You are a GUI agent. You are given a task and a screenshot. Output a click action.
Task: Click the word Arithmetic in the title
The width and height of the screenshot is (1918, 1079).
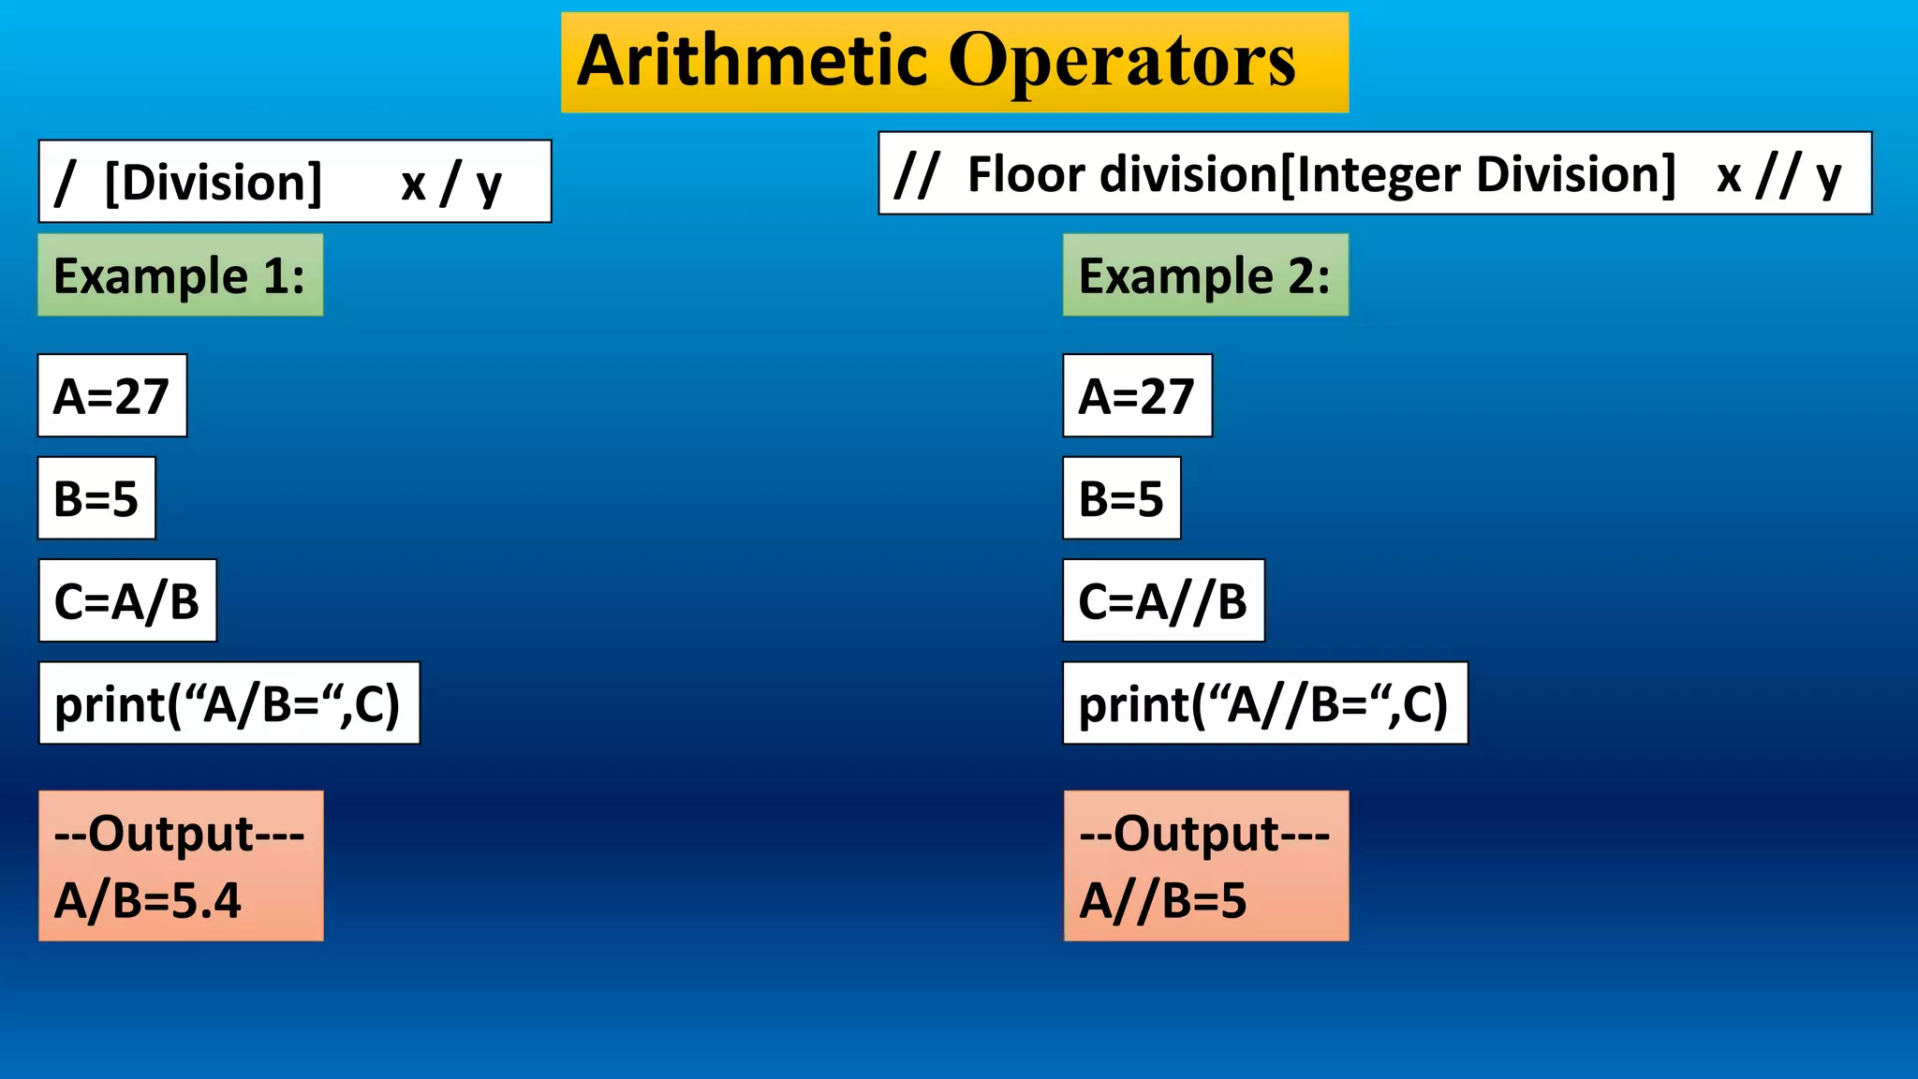click(x=752, y=61)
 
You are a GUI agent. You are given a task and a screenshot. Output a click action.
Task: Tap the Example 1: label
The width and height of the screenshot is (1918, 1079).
click(x=180, y=275)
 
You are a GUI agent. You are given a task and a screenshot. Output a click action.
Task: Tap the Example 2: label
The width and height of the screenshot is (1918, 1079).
click(x=1204, y=275)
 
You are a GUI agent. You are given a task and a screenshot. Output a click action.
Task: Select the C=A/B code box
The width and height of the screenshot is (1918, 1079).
click(x=127, y=601)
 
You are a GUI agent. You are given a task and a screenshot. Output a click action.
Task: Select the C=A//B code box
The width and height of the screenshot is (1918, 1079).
click(x=1163, y=601)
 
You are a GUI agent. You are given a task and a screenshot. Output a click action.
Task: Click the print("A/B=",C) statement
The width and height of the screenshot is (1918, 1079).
click(x=229, y=703)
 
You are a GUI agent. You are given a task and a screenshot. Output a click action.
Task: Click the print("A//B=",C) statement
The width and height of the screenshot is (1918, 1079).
click(x=1264, y=703)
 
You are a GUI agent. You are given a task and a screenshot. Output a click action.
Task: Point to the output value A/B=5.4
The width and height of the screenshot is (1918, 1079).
click(x=148, y=900)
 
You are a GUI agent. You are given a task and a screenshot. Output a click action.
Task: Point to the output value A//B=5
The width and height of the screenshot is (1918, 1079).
click(x=1163, y=900)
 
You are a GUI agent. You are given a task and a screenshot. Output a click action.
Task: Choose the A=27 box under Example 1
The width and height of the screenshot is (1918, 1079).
click(x=112, y=396)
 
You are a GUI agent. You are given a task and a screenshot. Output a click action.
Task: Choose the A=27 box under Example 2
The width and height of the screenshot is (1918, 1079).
click(x=1137, y=396)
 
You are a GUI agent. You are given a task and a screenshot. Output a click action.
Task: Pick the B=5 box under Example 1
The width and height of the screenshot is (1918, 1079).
click(x=96, y=498)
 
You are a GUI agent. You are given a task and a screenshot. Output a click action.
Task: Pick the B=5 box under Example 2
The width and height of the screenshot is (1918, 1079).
click(x=1121, y=498)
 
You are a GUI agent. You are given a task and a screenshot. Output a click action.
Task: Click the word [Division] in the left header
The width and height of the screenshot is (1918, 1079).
click(x=214, y=182)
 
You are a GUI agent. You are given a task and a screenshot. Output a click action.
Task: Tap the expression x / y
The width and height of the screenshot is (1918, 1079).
click(x=451, y=183)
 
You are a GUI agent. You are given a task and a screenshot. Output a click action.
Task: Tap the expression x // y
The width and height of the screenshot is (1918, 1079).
click(x=1778, y=175)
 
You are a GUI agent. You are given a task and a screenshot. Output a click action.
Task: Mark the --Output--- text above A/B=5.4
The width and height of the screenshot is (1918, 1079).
click(x=180, y=833)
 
